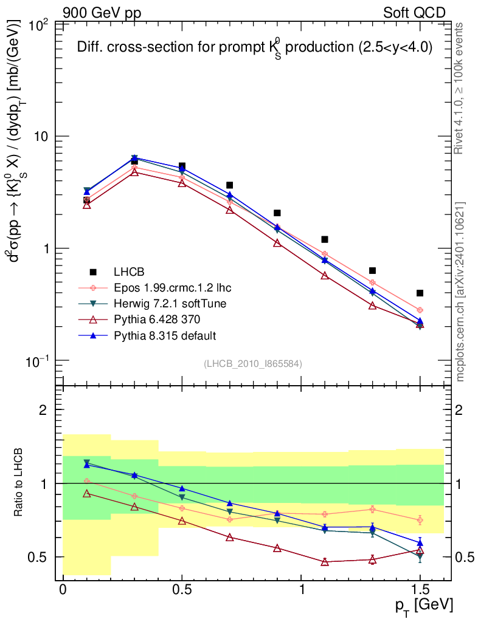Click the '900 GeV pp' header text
click(x=102, y=13)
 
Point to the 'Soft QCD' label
click(x=414, y=13)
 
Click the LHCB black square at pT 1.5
click(x=420, y=293)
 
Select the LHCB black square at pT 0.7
click(x=229, y=185)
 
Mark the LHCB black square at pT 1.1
click(x=325, y=239)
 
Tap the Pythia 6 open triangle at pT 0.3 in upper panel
click(x=134, y=172)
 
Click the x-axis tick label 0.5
click(x=182, y=590)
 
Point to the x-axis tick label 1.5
click(x=420, y=590)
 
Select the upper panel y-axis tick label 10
click(x=43, y=137)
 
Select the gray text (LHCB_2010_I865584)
click(x=253, y=363)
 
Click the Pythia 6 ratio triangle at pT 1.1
click(x=325, y=562)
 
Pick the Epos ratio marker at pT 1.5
click(x=420, y=520)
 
